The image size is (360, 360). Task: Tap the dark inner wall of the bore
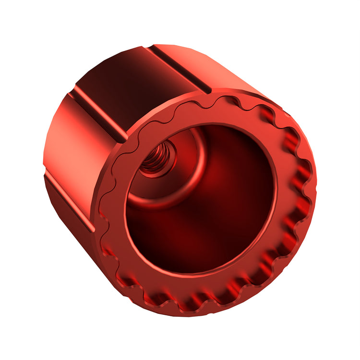230,211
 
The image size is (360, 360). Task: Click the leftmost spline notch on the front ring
103,211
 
